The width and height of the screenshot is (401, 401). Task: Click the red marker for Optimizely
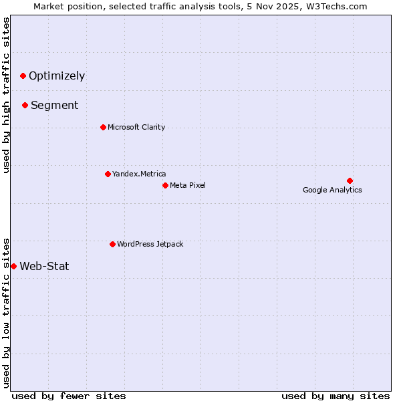tap(23, 76)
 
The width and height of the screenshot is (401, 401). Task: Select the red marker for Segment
tap(25, 105)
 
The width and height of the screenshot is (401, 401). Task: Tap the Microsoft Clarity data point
tap(103, 127)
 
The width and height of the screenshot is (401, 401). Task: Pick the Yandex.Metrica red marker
tap(108, 174)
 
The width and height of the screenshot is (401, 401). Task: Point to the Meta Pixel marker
tap(165, 185)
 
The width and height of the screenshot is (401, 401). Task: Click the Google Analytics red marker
tap(350, 180)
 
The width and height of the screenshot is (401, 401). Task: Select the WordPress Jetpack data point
tap(112, 244)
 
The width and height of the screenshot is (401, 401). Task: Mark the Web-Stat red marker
tap(13, 266)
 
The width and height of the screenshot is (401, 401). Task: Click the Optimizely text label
tap(57, 76)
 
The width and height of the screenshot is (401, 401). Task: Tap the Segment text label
tap(55, 105)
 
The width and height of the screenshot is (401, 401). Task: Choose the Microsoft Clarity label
tap(136, 127)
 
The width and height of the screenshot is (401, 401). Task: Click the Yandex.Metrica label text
tap(139, 174)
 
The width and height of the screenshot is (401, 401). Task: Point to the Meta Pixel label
tap(188, 185)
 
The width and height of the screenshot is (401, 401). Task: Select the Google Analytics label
tap(332, 190)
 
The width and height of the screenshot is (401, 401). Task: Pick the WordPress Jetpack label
tap(150, 244)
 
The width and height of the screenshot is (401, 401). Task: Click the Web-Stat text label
tap(44, 266)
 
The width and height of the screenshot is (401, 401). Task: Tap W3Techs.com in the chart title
tap(339, 7)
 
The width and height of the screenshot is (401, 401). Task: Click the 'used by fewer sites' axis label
tap(69, 396)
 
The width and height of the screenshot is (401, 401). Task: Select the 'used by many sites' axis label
tap(336, 396)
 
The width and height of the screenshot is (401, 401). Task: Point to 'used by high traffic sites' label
tap(7, 95)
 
